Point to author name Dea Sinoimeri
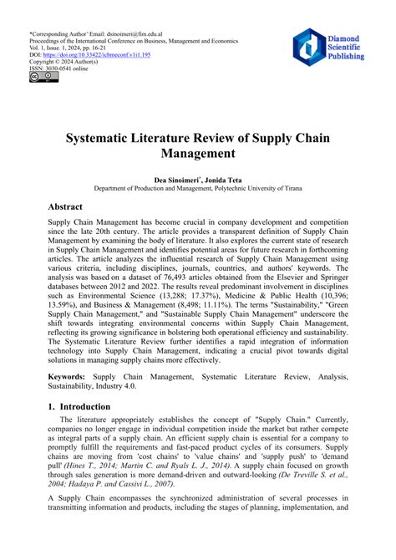click(176, 181)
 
